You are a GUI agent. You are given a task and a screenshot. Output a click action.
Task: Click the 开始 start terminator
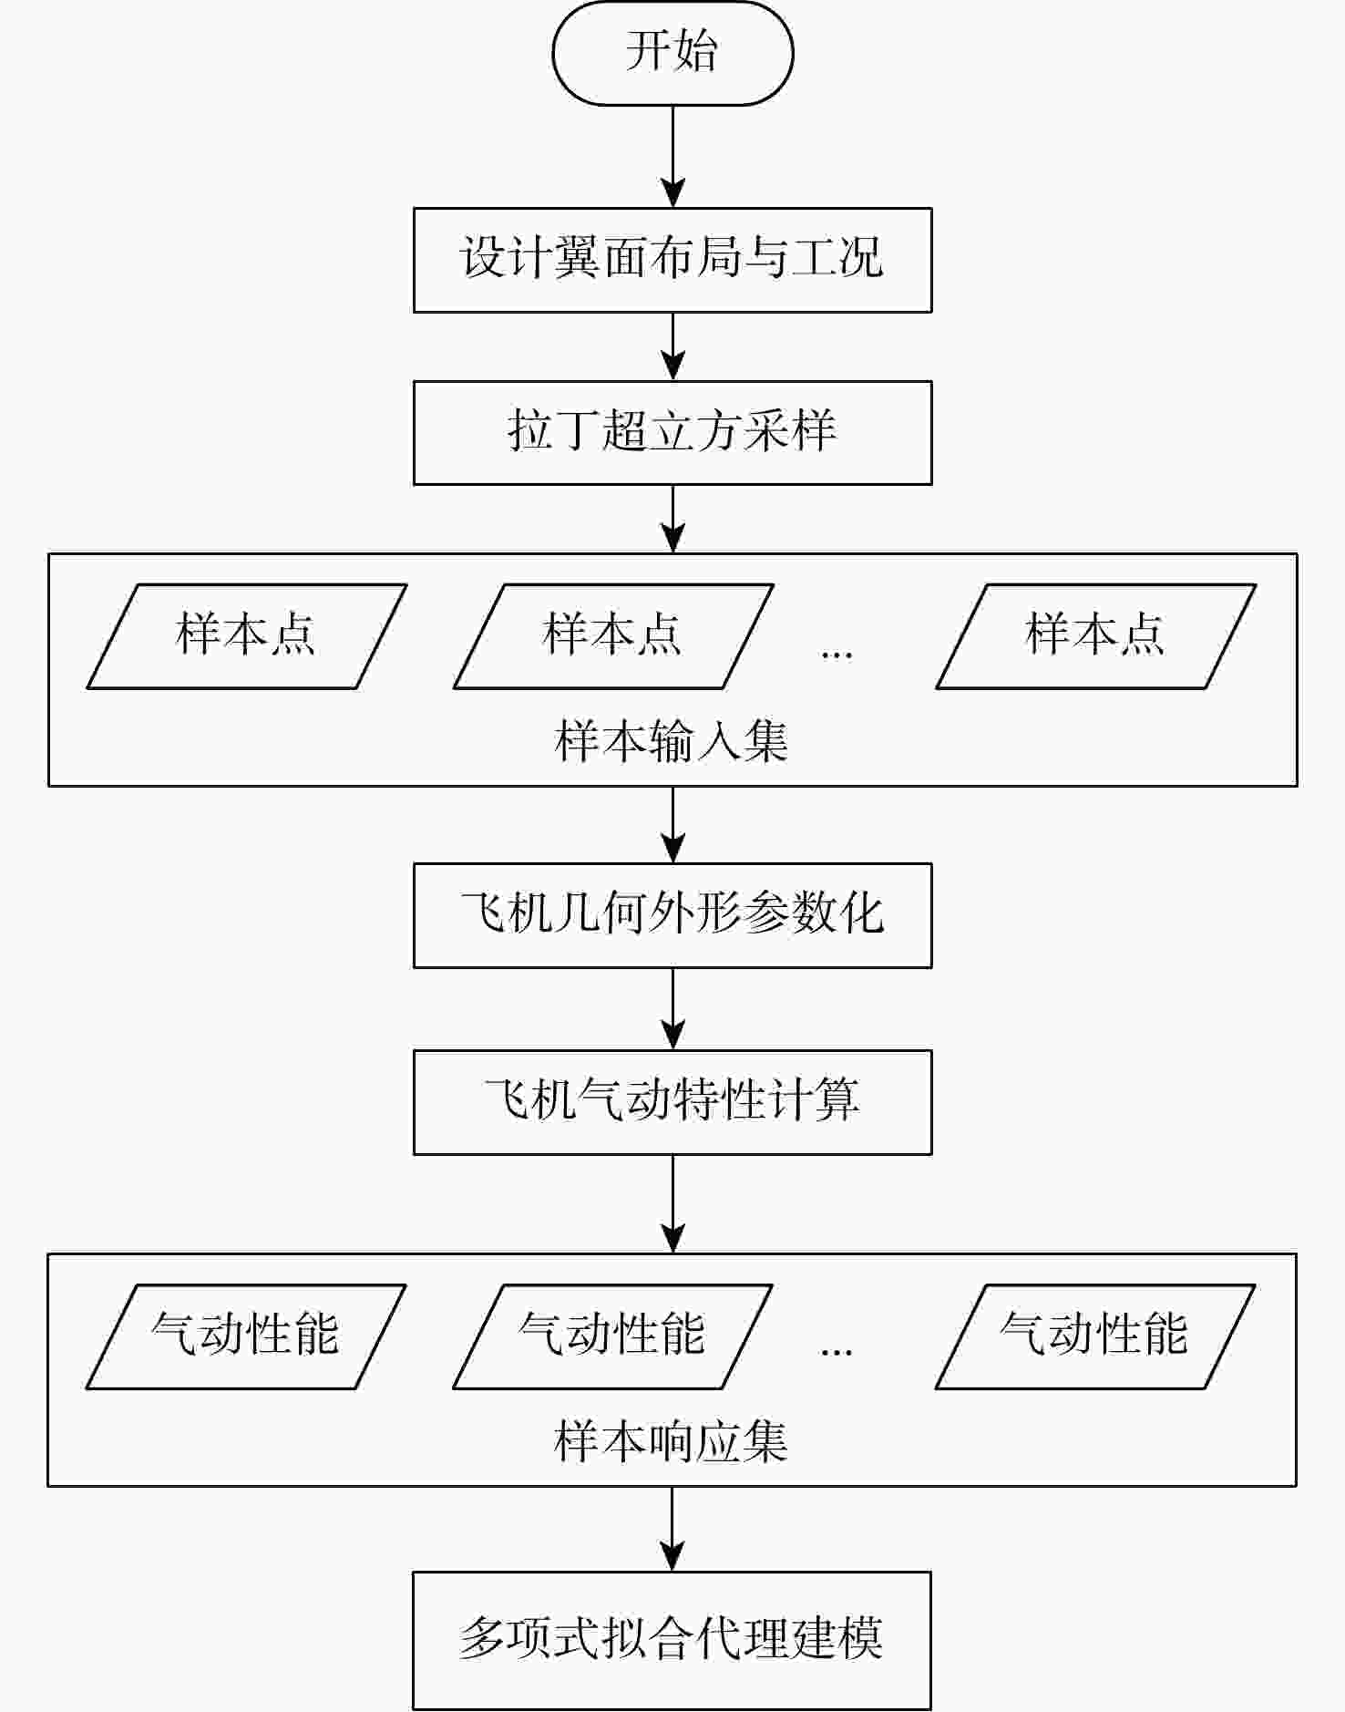point(672,53)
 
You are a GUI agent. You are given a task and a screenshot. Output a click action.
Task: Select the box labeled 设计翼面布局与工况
point(672,260)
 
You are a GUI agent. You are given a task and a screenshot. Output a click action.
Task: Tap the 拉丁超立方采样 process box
point(672,432)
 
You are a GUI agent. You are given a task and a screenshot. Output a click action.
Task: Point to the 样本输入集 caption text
point(671,740)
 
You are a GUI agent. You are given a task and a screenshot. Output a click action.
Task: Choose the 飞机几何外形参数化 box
point(672,914)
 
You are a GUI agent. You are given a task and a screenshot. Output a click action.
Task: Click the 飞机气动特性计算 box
point(672,1102)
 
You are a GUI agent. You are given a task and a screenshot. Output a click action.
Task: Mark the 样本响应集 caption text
point(671,1441)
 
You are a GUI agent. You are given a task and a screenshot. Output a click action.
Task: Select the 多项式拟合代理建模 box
point(672,1639)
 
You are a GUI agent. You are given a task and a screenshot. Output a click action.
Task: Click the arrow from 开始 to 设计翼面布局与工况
point(672,156)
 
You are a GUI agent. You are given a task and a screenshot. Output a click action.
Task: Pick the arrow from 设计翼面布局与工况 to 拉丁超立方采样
point(672,346)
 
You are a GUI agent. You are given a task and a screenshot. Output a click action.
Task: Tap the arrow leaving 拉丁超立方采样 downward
point(672,518)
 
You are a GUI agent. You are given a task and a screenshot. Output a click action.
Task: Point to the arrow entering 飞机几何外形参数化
point(672,824)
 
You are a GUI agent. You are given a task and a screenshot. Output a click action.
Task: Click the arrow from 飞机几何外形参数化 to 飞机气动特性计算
point(672,1008)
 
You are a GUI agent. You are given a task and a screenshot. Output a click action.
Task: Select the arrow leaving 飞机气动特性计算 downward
point(672,1203)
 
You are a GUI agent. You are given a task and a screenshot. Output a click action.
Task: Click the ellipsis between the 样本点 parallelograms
point(837,653)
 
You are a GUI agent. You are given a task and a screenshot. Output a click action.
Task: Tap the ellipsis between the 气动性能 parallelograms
point(837,1351)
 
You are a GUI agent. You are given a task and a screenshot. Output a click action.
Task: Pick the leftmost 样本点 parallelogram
point(246,636)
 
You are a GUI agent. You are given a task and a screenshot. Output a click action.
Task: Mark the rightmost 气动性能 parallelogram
point(1095,1336)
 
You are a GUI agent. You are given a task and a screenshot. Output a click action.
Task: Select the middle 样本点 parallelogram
point(613,636)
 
